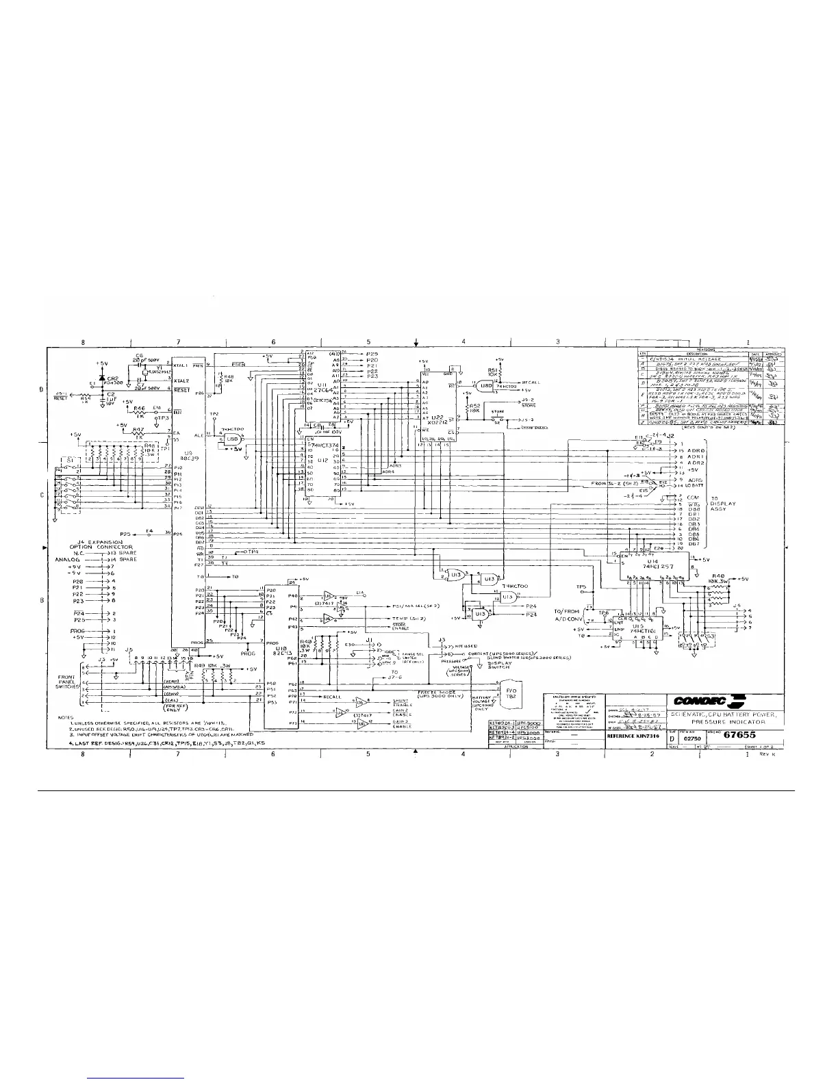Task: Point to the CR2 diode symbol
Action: pyautogui.click(x=102, y=378)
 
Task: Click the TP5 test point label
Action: pyautogui.click(x=581, y=586)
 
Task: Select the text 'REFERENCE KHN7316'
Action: pyautogui.click(x=634, y=738)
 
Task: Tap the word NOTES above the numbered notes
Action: pyautogui.click(x=66, y=718)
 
